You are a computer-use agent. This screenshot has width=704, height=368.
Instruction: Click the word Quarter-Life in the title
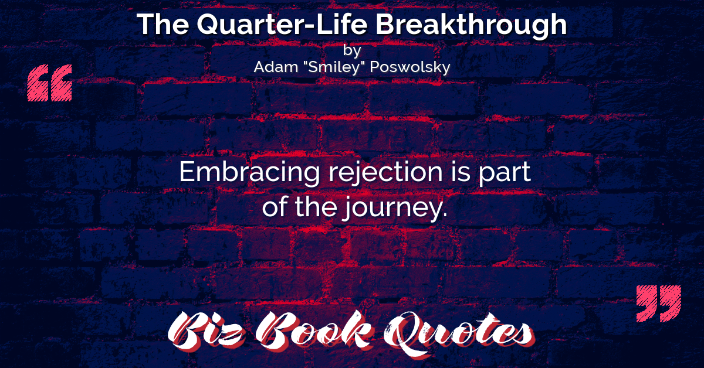point(282,25)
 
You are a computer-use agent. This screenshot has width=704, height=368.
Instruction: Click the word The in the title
point(163,24)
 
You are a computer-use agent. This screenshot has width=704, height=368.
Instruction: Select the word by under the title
point(351,51)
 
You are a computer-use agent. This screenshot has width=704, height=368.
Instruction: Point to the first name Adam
point(276,67)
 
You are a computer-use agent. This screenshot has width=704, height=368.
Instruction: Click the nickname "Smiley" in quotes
point(334,67)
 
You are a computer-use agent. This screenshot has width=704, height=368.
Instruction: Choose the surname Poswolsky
point(410,67)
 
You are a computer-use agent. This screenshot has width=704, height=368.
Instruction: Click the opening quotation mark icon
point(50,83)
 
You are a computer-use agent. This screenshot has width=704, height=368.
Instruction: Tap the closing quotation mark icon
point(659,304)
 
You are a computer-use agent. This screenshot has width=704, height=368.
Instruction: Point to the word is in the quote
point(461,172)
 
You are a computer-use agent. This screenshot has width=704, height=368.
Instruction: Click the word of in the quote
point(275,207)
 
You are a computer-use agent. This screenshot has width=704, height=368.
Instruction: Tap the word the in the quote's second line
point(316,207)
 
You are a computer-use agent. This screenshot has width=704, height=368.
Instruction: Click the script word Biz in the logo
point(205,330)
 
